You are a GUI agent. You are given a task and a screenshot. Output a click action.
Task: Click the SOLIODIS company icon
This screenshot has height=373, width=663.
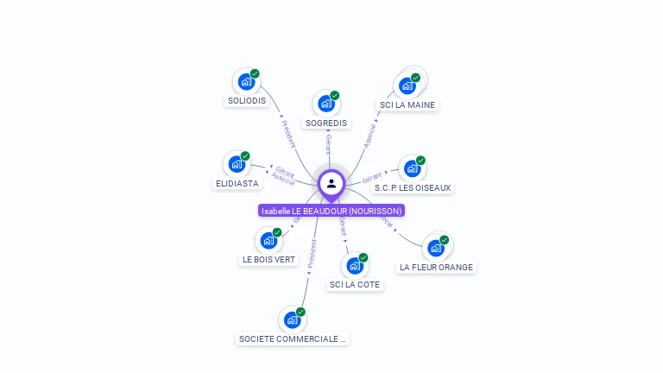[x=246, y=82]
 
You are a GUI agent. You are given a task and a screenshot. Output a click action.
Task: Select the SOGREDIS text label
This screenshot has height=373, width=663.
[x=326, y=123]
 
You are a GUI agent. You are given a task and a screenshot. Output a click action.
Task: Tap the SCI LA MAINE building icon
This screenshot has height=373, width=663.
[x=407, y=85]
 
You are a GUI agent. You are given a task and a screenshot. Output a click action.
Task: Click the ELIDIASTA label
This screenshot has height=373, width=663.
[x=237, y=183]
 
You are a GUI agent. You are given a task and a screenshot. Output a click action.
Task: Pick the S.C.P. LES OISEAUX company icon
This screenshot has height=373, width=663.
[x=412, y=168]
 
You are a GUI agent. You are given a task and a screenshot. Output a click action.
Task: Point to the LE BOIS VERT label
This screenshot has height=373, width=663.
[x=269, y=259]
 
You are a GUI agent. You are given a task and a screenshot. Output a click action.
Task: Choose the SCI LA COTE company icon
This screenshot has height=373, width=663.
[x=354, y=265]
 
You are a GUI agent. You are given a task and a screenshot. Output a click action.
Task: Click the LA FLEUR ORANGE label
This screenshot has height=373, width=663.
[x=436, y=267]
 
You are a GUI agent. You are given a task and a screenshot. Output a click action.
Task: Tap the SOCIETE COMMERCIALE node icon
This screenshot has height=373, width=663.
[x=292, y=319]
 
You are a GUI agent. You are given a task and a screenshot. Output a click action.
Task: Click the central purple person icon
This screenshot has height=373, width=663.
[x=331, y=183]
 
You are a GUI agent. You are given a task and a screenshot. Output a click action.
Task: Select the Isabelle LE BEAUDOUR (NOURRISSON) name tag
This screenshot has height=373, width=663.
[x=331, y=211]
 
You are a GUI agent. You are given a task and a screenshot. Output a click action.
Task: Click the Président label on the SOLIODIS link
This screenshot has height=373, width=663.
[x=288, y=133]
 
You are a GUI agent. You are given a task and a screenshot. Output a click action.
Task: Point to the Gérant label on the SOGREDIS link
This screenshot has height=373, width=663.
[x=328, y=144]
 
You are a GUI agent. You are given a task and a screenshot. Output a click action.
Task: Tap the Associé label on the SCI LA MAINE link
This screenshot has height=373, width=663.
[x=370, y=136]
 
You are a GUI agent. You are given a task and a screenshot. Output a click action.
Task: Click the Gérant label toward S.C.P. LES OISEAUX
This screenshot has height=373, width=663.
[x=372, y=177]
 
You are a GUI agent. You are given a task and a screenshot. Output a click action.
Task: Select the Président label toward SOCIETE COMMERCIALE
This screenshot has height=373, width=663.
[x=312, y=256]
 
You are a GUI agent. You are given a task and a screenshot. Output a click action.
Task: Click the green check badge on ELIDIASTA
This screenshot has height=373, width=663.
[x=245, y=156]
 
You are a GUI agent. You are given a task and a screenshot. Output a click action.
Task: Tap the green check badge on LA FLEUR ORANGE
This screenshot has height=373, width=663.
[x=444, y=240]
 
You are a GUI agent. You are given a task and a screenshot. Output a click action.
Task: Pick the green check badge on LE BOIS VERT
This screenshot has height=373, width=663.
[x=277, y=232]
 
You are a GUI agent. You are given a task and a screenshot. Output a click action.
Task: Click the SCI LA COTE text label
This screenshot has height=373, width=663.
[x=354, y=284]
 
